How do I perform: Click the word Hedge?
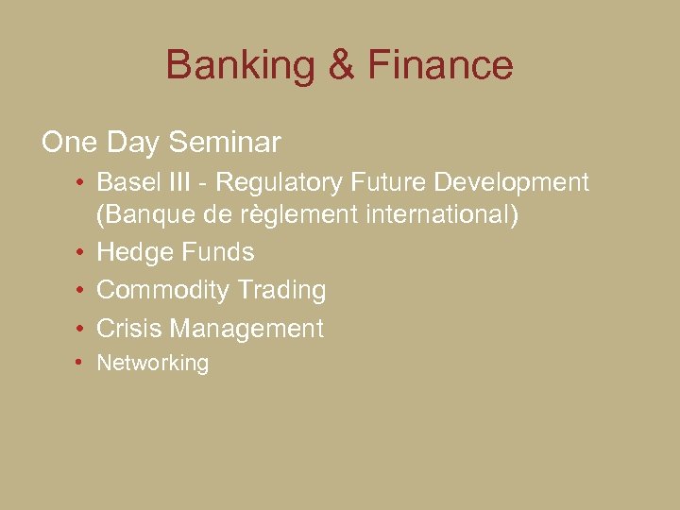(x=131, y=253)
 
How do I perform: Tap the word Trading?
(x=282, y=291)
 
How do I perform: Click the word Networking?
(x=153, y=364)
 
